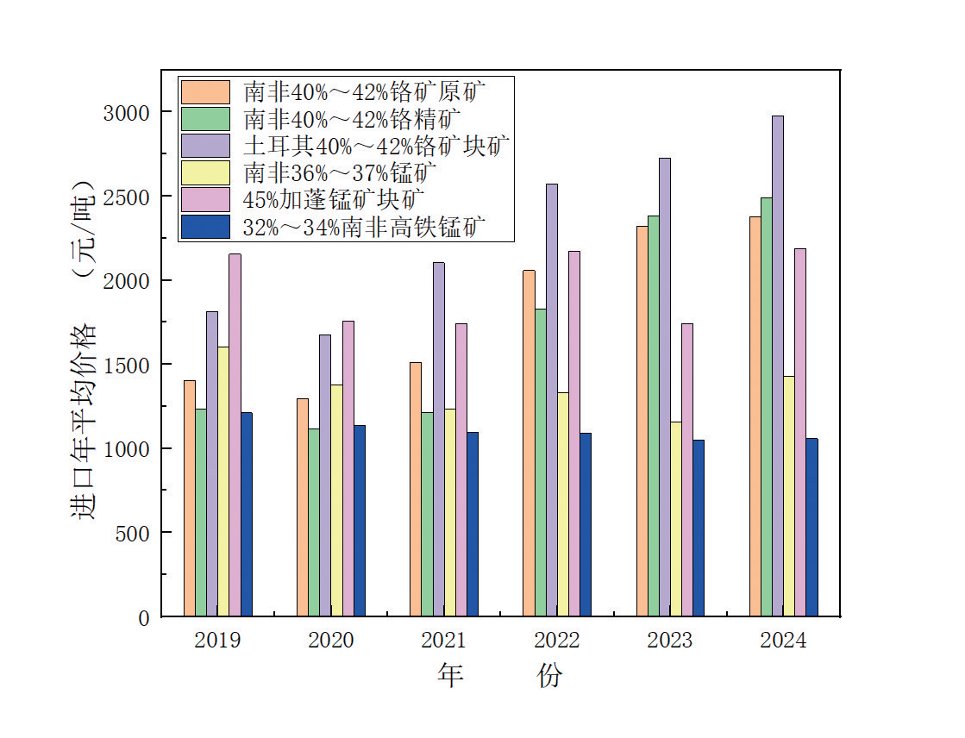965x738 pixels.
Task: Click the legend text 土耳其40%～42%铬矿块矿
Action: click(377, 146)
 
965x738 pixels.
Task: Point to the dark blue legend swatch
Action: click(205, 227)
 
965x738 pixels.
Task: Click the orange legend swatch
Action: click(205, 91)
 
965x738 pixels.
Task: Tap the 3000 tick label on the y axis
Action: click(127, 113)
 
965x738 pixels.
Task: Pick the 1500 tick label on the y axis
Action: click(127, 365)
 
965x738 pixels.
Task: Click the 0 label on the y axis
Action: click(143, 617)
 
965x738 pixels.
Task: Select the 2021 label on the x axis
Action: click(443, 641)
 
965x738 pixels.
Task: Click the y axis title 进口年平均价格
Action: click(84, 422)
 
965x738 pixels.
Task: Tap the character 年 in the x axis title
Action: click(450, 675)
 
